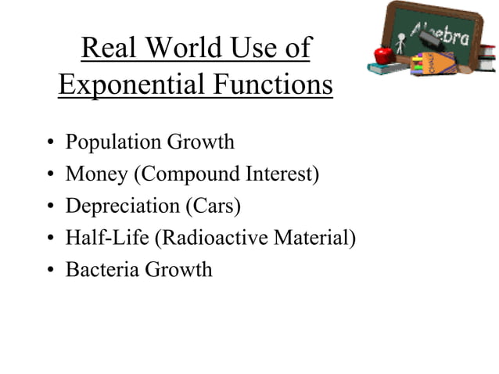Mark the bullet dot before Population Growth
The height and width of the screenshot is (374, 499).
(49, 144)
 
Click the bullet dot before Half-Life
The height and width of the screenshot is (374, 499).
(49, 239)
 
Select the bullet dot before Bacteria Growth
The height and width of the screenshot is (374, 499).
(49, 271)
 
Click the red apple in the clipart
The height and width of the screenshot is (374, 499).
(382, 55)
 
